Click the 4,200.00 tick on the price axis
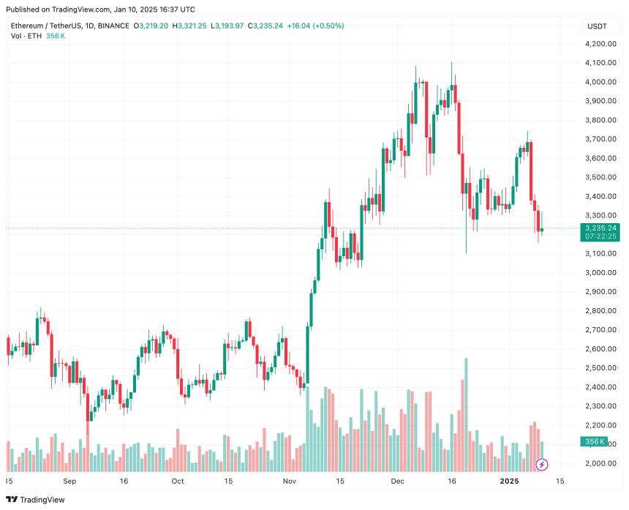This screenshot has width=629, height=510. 600,44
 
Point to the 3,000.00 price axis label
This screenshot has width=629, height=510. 600,273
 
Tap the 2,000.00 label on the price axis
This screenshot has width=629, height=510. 600,463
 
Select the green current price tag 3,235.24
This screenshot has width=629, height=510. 600,228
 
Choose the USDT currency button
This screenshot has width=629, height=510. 597,26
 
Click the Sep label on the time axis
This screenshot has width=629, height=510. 69,482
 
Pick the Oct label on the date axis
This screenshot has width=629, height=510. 177,482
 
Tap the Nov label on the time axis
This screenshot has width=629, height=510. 289,482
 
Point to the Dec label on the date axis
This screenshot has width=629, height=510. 397,482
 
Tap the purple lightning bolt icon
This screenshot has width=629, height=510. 542,464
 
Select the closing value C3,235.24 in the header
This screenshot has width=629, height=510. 271,26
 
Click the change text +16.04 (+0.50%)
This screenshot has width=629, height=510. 317,26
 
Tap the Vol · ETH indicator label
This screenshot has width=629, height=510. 26,36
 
